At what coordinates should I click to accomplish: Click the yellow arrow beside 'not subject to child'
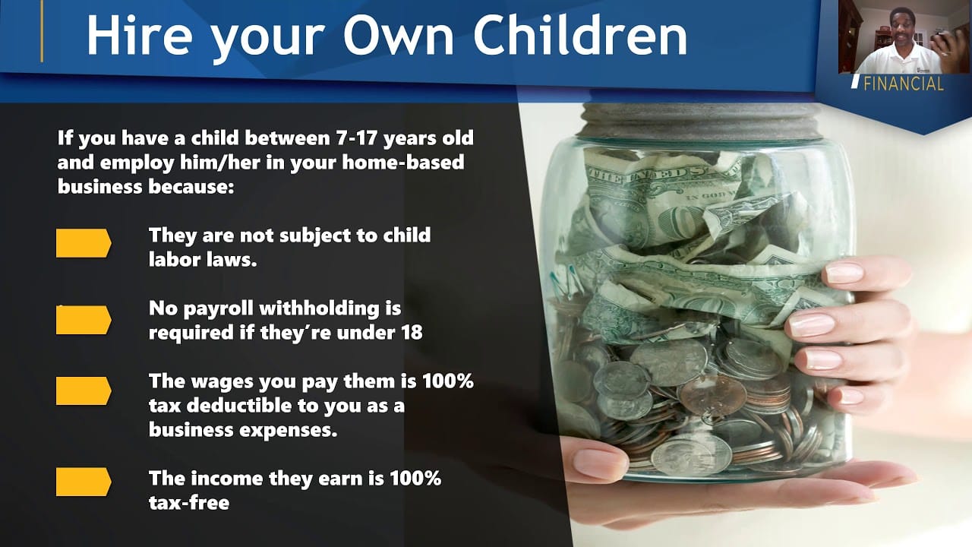(x=84, y=243)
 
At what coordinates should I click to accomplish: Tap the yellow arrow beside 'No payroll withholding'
(x=84, y=320)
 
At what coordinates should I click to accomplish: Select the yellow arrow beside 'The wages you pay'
(x=84, y=391)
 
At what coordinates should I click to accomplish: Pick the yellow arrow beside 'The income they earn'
(x=84, y=482)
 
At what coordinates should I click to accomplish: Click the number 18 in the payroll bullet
(x=410, y=332)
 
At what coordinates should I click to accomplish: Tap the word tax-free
(x=188, y=502)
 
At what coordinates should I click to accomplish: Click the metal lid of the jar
(x=699, y=122)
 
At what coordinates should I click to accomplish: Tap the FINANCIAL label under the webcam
(x=903, y=84)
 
